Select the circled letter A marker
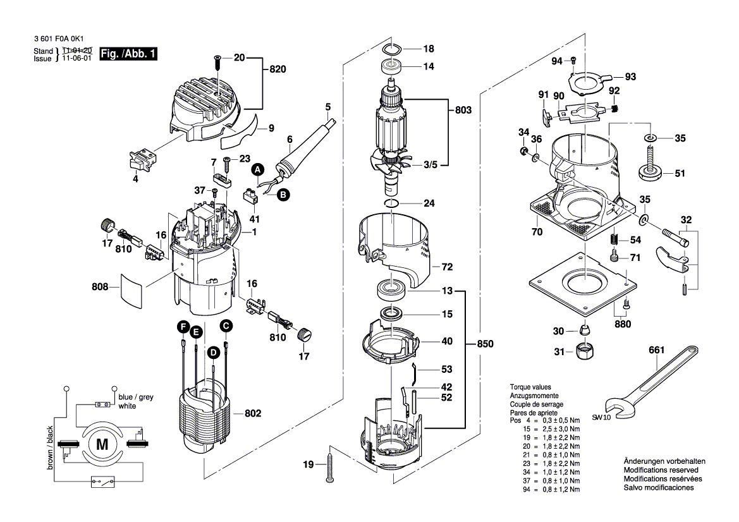pyautogui.click(x=257, y=169)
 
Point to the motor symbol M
pyautogui.click(x=101, y=444)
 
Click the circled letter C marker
pyautogui.click(x=225, y=325)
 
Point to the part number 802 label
pyautogui.click(x=253, y=413)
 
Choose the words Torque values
pyautogui.click(x=530, y=387)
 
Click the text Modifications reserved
pyautogui.click(x=661, y=470)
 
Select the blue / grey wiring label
pyautogui.click(x=136, y=397)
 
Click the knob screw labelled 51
pyautogui.click(x=650, y=171)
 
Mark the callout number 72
pyautogui.click(x=447, y=267)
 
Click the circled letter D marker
pyautogui.click(x=214, y=351)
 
